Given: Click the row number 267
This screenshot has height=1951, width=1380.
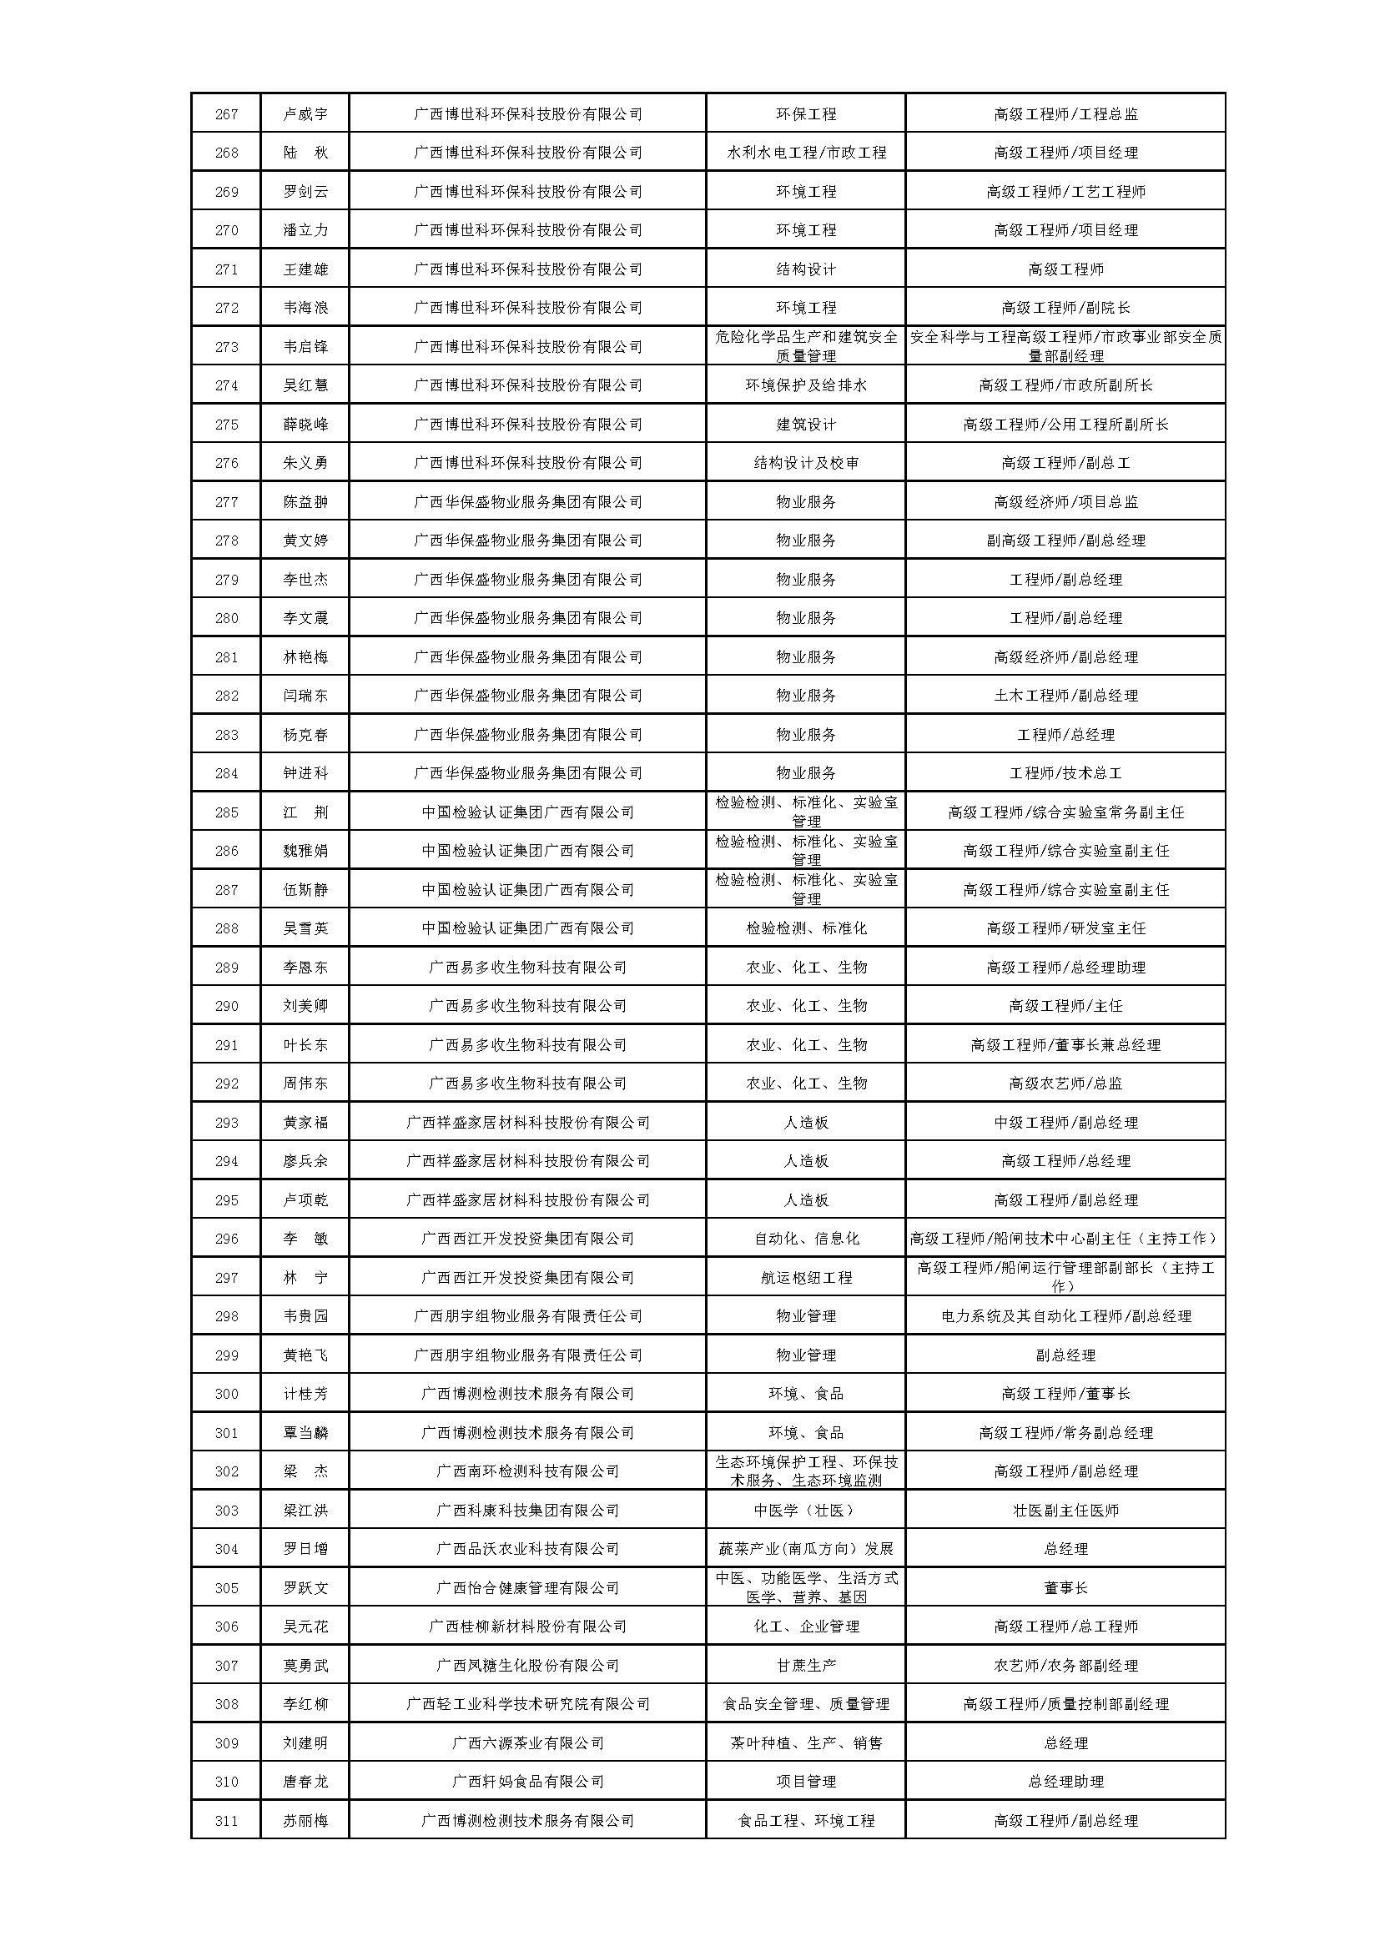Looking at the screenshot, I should click(226, 114).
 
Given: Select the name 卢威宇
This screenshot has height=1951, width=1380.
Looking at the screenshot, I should click(305, 114).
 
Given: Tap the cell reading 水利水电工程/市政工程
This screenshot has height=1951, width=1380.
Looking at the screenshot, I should click(806, 153).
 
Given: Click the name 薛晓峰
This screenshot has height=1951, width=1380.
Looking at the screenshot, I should click(305, 424).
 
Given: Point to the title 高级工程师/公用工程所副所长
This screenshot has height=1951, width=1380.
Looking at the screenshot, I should click(1065, 424).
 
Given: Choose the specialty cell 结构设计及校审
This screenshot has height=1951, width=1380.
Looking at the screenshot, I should click(806, 463).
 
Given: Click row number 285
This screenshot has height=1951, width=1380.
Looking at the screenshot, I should click(226, 812).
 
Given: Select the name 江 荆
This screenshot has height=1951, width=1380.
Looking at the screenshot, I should click(305, 812).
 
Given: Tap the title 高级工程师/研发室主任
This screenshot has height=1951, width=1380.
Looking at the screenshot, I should click(1065, 928).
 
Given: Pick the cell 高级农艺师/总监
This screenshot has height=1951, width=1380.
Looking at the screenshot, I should click(1065, 1084).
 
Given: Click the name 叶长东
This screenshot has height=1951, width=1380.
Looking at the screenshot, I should click(305, 1045).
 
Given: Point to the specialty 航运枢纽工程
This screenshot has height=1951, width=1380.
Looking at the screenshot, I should click(806, 1278).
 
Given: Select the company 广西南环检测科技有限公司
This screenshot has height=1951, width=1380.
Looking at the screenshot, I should click(526, 1471).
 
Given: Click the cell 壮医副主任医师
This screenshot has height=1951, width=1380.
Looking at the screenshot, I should click(1065, 1510).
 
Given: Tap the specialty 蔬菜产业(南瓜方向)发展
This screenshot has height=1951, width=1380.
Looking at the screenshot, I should click(806, 1549).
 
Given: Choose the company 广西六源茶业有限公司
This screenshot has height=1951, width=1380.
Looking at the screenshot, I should click(526, 1742).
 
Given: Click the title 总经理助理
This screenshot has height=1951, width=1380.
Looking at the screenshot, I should click(1065, 1781).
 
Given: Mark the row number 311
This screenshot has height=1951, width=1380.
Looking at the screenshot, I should click(226, 1820).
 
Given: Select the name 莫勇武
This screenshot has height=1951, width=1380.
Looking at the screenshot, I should click(305, 1666).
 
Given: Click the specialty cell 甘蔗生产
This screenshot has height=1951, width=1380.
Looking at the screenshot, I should click(806, 1666).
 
